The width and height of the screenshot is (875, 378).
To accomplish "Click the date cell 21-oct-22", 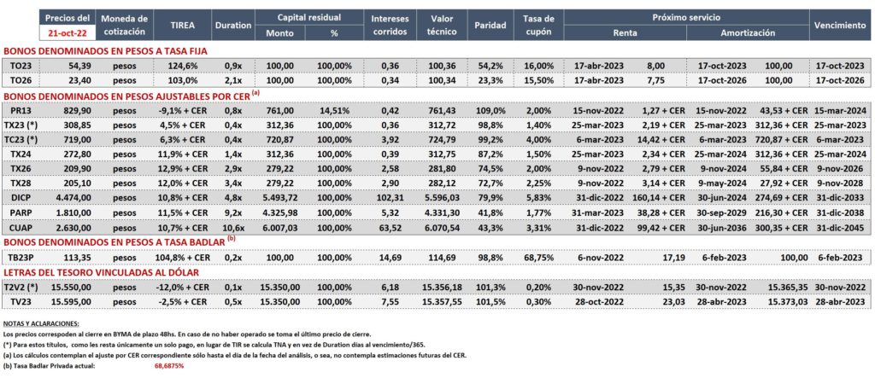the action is click(x=67, y=32).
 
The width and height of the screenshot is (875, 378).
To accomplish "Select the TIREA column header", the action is click(x=182, y=25).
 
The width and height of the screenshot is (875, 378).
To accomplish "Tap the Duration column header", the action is click(x=232, y=25).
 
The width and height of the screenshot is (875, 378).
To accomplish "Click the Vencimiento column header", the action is click(x=840, y=25).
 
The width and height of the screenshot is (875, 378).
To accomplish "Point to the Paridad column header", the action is click(x=490, y=25).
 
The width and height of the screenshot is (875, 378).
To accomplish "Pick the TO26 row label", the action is click(x=21, y=80).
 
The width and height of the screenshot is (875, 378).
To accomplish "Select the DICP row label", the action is click(x=21, y=197).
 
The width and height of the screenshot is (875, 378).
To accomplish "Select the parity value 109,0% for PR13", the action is click(x=491, y=110).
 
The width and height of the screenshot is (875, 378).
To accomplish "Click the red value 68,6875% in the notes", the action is click(x=169, y=366).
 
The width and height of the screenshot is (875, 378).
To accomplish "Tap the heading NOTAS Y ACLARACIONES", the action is click(x=41, y=323).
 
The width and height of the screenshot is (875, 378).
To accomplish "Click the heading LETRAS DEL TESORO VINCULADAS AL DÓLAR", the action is click(x=102, y=272).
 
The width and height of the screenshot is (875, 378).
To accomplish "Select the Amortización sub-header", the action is click(x=748, y=33).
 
